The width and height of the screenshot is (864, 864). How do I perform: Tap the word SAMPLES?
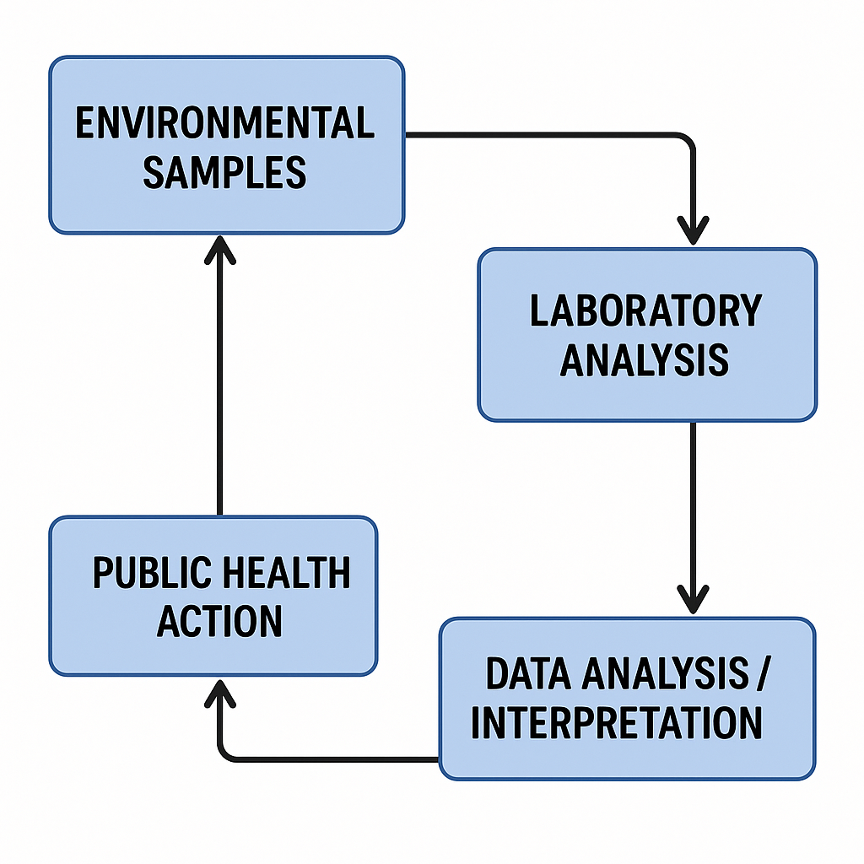point(224,172)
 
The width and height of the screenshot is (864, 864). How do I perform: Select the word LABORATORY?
point(645,310)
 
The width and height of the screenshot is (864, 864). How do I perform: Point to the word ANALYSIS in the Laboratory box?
point(645,359)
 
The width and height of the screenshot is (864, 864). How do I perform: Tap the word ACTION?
point(220,622)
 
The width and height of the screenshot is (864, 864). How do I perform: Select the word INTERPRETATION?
point(617,723)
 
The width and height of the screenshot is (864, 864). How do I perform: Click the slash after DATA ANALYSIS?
point(763,674)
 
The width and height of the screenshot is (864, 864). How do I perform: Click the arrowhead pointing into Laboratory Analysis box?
point(694,229)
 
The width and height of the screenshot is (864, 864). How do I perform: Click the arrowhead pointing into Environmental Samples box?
point(220,250)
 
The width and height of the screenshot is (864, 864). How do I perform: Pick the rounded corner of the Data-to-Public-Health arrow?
point(226,753)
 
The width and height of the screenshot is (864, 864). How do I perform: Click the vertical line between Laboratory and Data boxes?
point(694,506)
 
